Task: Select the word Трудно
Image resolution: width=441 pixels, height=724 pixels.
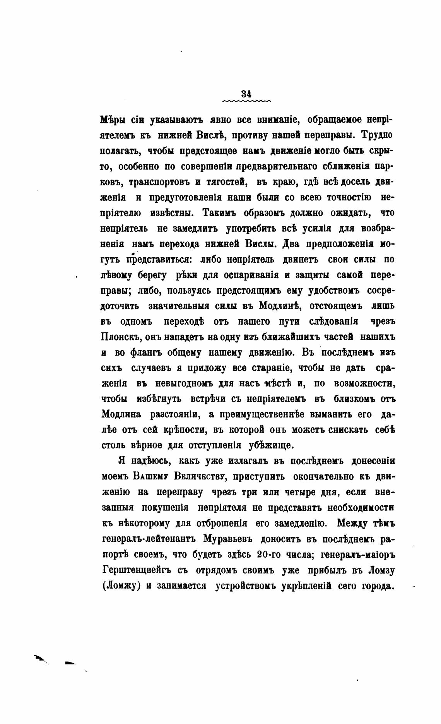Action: pos(376,135)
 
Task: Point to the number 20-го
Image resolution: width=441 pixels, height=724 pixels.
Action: pos(267,554)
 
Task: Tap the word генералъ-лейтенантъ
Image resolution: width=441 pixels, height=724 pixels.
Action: pos(149,539)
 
